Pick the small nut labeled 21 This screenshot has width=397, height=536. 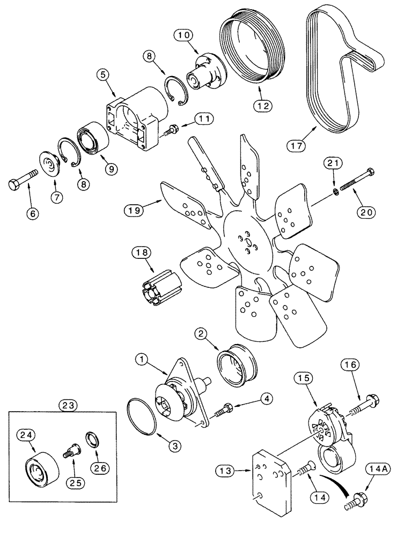(334, 190)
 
